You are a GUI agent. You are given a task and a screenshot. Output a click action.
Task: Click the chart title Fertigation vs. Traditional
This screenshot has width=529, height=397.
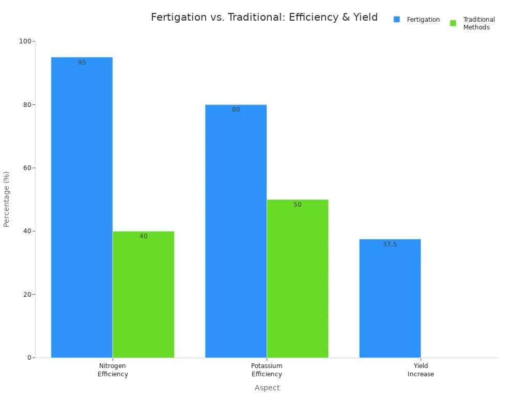click(264, 18)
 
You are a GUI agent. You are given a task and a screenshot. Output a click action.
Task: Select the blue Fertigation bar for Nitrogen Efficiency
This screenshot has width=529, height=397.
click(82, 207)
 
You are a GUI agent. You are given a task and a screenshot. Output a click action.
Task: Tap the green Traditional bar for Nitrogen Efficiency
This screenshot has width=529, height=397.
click(143, 294)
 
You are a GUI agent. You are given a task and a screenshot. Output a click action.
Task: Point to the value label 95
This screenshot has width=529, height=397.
click(82, 63)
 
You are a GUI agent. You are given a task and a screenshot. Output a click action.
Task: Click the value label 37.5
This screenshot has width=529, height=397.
click(390, 245)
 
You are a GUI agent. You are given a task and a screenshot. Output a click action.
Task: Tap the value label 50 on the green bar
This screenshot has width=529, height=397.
click(297, 205)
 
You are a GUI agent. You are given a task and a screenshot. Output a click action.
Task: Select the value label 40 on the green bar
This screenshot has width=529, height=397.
click(143, 236)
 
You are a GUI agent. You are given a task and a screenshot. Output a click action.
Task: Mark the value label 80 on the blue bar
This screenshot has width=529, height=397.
click(236, 110)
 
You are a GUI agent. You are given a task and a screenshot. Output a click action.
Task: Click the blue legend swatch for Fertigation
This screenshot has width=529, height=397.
click(397, 20)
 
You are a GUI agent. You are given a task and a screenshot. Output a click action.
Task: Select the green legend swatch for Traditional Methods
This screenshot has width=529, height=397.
click(453, 23)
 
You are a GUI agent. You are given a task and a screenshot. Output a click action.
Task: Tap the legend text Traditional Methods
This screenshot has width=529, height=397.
click(478, 23)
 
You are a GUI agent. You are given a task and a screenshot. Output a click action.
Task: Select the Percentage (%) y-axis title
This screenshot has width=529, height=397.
click(7, 199)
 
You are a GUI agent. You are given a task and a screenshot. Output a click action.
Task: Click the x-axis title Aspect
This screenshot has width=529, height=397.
click(267, 388)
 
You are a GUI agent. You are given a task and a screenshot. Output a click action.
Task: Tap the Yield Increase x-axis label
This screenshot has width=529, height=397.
click(421, 370)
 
